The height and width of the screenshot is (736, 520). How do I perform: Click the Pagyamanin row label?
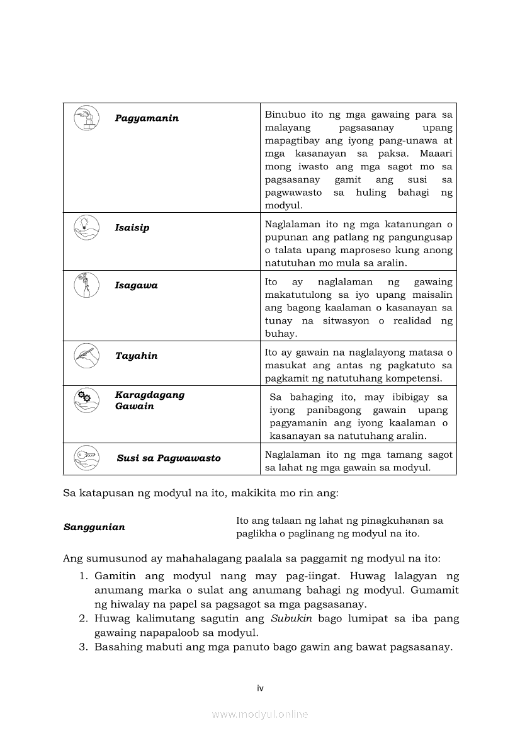(147, 118)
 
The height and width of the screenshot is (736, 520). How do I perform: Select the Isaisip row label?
(132, 228)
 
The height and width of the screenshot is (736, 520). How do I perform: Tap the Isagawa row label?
(136, 286)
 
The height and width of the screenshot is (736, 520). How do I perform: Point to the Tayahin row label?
(136, 356)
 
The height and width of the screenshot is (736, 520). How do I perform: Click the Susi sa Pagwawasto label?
(169, 458)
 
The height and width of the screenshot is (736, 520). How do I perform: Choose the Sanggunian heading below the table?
(94, 527)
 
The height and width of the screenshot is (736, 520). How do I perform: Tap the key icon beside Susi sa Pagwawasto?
(86, 456)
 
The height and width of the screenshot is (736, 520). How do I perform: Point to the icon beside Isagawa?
(86, 285)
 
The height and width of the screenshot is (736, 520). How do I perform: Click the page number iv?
(260, 688)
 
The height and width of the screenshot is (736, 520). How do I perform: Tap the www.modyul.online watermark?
(260, 715)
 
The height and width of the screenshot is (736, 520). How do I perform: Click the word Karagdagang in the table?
(150, 395)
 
